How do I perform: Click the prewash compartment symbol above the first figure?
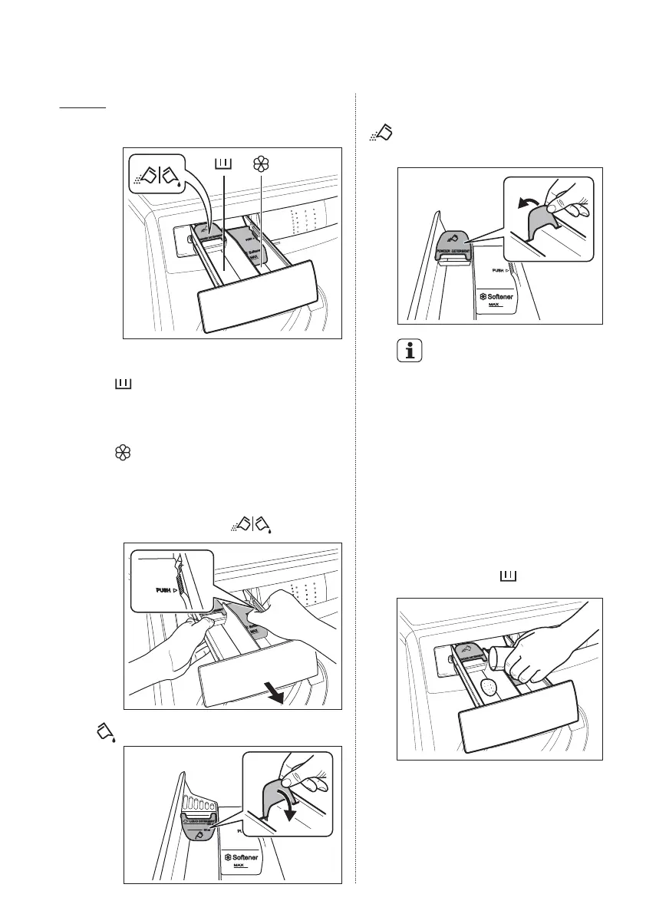coord(223,163)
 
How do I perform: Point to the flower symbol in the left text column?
coord(121,454)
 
